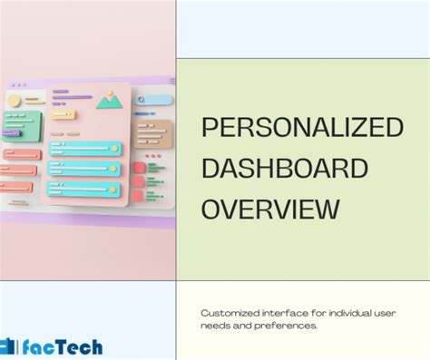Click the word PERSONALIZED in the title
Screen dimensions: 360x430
pos(301,128)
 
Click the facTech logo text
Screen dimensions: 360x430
pos(64,346)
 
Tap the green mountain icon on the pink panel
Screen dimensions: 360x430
pos(110,100)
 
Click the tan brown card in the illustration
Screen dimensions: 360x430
pos(151,132)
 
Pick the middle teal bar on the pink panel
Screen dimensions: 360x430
pos(84,169)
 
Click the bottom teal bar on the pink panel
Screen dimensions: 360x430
pos(84,190)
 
